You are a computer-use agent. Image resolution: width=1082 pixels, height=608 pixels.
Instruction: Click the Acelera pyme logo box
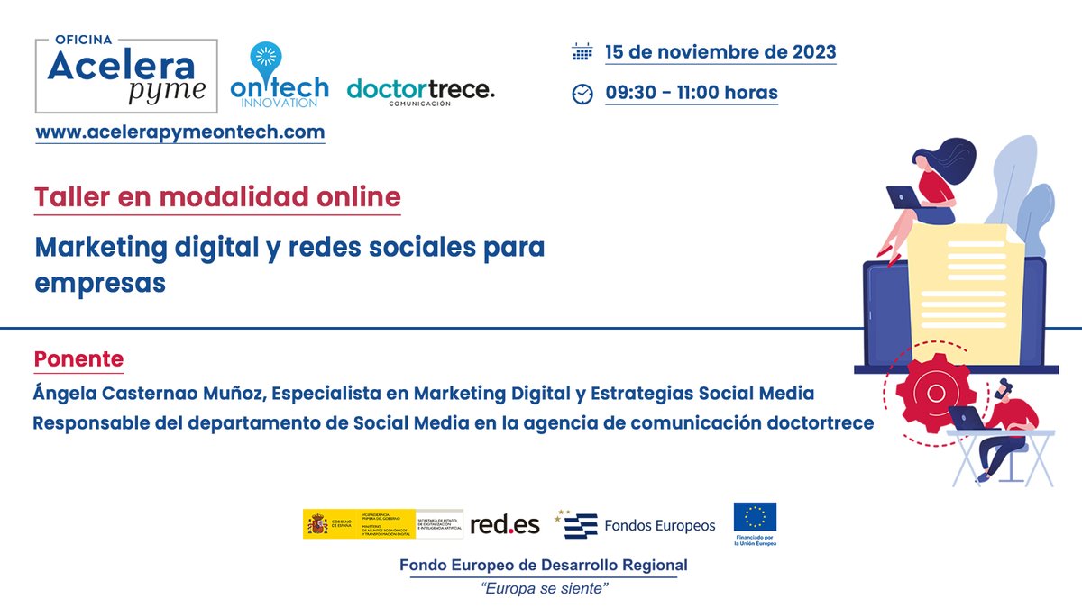125,77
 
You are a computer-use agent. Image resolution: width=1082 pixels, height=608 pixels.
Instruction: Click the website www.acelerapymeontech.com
180,132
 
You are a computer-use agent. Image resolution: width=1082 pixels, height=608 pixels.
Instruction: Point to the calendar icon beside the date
582,52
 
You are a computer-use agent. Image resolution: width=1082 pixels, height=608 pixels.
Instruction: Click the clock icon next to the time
582,94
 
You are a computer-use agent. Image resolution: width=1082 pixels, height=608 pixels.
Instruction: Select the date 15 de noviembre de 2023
720,51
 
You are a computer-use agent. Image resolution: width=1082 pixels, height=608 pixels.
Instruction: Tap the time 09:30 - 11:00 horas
692,93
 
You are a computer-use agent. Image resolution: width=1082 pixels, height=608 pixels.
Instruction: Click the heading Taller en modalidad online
217,197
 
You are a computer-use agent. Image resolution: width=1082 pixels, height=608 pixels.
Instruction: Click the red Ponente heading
78,358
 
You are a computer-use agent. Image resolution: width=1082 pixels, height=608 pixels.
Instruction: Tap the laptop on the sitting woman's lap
903,196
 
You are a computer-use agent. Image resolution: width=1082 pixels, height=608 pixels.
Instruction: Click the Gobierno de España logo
382,524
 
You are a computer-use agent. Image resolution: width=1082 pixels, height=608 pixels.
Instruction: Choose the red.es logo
505,524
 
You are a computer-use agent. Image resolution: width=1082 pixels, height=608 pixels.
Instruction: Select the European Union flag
755,518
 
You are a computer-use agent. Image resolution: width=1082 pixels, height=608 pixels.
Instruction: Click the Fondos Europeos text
659,525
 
